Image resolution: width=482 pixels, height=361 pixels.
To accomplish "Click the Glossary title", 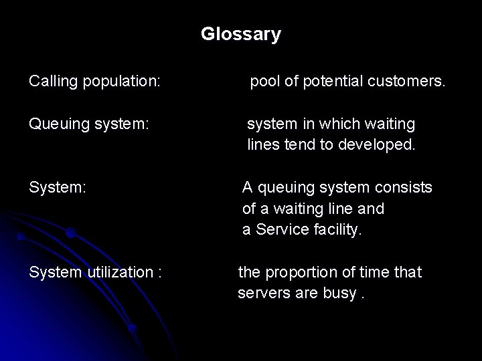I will pyautogui.click(x=241, y=34).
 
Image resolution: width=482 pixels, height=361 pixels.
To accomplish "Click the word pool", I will pyautogui.click(x=265, y=82).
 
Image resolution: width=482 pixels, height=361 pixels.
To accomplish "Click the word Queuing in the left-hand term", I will pyautogui.click(x=56, y=125).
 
